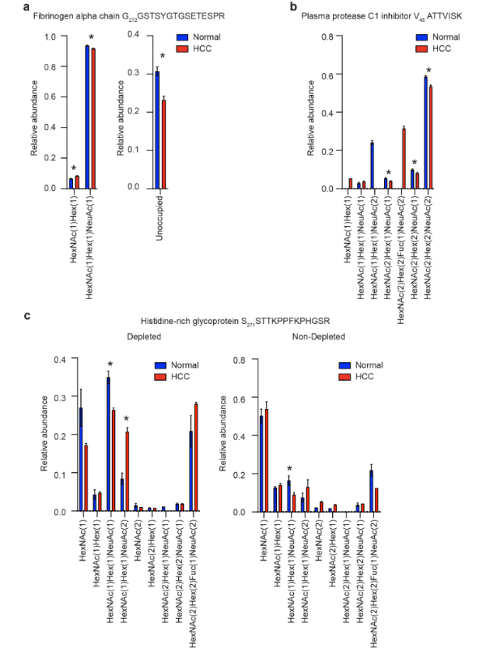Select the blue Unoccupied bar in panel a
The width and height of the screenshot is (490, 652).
pyautogui.click(x=157, y=130)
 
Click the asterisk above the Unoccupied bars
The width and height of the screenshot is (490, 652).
pyautogui.click(x=161, y=56)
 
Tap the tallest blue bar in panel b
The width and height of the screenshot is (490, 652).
pyautogui.click(x=424, y=133)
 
